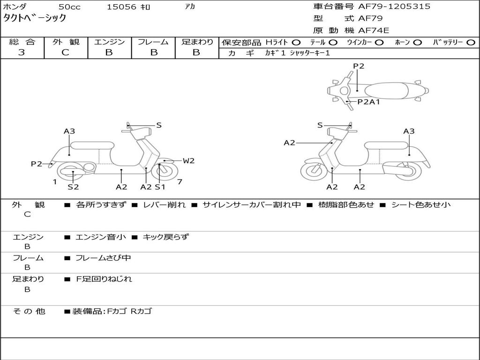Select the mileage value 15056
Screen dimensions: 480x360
(x=121, y=7)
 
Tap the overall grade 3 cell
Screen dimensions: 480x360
(x=22, y=52)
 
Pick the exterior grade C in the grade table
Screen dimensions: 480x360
(x=65, y=52)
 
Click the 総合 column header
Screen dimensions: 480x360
(x=22, y=42)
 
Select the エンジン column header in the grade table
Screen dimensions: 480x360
(x=109, y=42)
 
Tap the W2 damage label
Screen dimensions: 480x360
(x=188, y=161)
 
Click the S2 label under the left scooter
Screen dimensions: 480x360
(x=73, y=187)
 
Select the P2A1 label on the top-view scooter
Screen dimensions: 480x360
(x=368, y=102)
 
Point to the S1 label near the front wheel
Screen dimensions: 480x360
(x=160, y=187)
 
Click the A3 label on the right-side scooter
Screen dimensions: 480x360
(x=409, y=131)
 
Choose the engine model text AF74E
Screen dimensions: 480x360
(x=374, y=30)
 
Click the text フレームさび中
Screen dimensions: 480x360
(x=103, y=258)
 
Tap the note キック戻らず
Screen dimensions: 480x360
(x=165, y=237)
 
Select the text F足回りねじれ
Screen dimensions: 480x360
(x=104, y=279)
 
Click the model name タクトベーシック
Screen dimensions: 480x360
(x=35, y=19)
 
